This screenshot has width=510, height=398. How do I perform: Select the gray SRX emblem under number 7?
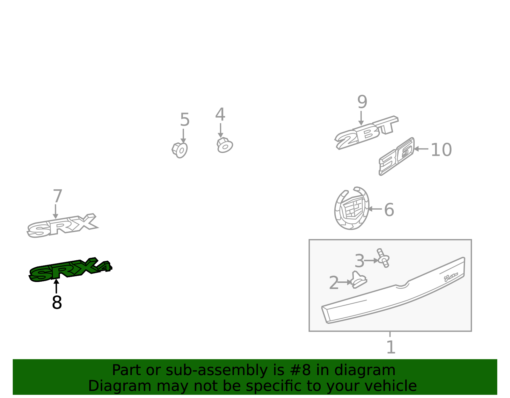(62, 225)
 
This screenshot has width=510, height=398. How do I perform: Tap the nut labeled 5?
(180, 150)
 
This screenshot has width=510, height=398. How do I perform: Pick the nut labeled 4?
(225, 145)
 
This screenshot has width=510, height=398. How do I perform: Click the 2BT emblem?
(366, 133)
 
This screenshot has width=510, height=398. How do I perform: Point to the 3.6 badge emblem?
(397, 156)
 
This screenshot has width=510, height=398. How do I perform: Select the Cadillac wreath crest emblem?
(352, 208)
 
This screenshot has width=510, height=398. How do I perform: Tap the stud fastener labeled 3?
(383, 258)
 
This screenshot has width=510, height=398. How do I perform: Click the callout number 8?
(57, 302)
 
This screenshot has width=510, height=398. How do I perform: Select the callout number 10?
(441, 150)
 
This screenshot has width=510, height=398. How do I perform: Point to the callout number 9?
(362, 102)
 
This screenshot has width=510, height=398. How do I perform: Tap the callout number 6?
(389, 209)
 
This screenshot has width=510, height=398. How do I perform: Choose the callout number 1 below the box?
(391, 347)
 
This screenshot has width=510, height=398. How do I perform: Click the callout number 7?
(57, 196)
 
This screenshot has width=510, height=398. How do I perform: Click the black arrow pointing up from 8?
(56, 286)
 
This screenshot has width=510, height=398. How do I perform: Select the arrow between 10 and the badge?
(421, 149)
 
